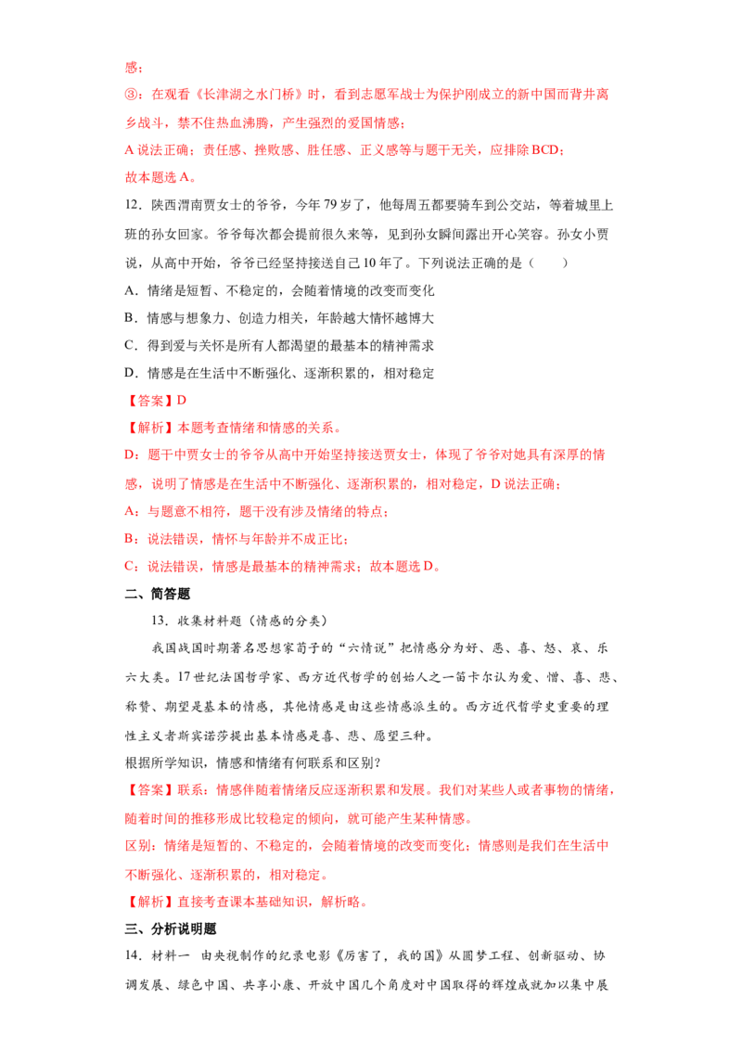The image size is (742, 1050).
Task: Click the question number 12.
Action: point(132,205)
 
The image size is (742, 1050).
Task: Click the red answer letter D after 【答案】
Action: point(182,401)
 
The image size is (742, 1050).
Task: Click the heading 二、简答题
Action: point(158,594)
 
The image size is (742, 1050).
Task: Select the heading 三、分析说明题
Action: point(171,928)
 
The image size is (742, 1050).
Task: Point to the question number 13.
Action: point(160,621)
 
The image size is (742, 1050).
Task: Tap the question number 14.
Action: point(133,955)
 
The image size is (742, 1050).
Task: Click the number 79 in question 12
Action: point(330,205)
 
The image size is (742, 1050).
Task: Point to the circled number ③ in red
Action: point(132,95)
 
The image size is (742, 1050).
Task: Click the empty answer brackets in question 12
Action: point(548,263)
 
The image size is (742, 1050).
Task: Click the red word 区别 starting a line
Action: point(138,846)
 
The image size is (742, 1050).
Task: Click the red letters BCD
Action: point(544,150)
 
